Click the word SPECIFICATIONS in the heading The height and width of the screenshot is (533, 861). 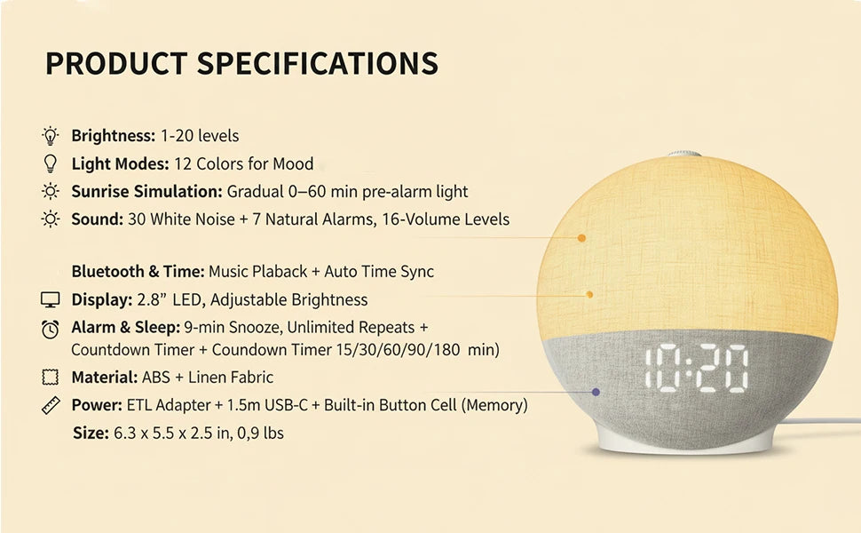tap(317, 64)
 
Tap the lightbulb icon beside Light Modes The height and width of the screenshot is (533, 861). tap(51, 163)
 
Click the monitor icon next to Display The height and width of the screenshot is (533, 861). tap(51, 299)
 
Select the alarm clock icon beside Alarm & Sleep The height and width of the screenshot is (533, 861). tap(51, 329)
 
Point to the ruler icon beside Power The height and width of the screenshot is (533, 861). tap(51, 406)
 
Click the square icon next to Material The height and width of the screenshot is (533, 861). tap(51, 378)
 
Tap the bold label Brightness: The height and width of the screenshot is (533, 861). tap(113, 136)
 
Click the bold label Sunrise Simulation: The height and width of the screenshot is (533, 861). tap(146, 191)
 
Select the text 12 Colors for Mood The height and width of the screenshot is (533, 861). tap(243, 163)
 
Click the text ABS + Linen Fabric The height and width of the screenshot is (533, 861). tap(214, 378)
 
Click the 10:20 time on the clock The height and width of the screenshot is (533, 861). tap(696, 369)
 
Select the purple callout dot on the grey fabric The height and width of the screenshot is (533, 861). tap(596, 392)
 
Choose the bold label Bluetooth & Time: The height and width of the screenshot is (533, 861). tap(138, 272)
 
